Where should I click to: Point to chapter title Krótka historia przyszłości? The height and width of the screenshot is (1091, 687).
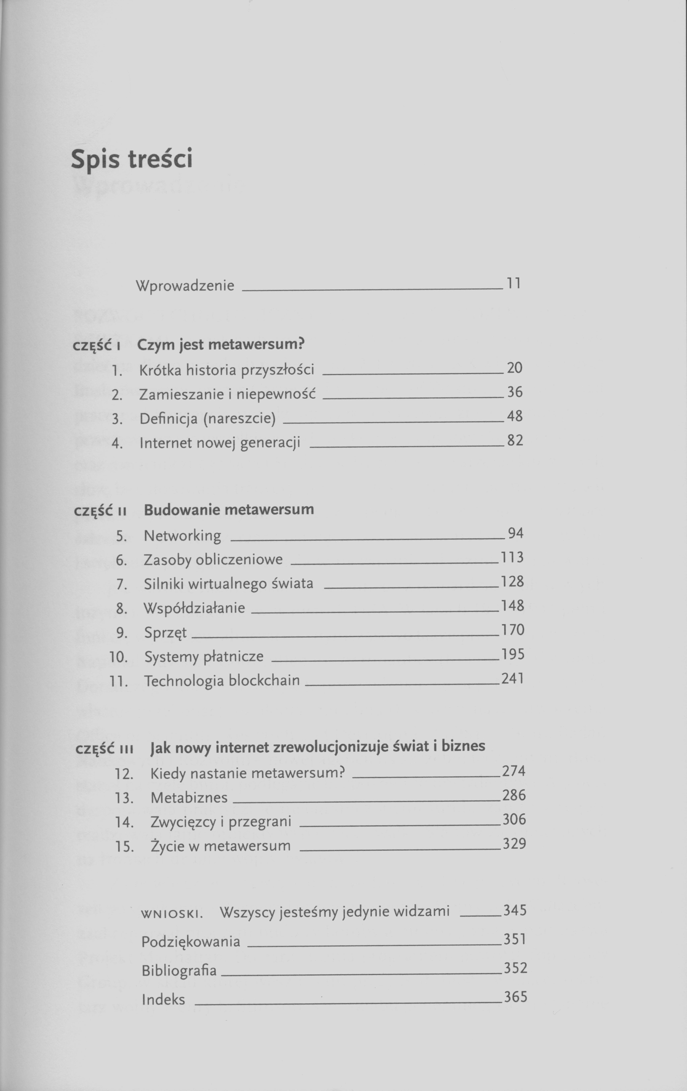pyautogui.click(x=226, y=370)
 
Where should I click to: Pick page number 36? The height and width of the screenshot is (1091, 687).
pyautogui.click(x=515, y=392)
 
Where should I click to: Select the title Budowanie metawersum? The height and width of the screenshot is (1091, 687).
pyautogui.click(x=229, y=510)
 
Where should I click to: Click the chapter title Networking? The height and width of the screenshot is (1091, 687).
pyautogui.click(x=182, y=536)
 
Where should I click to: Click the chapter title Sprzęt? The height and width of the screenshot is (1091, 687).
pyautogui.click(x=165, y=633)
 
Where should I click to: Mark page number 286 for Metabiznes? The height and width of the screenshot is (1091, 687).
pyautogui.click(x=514, y=795)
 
